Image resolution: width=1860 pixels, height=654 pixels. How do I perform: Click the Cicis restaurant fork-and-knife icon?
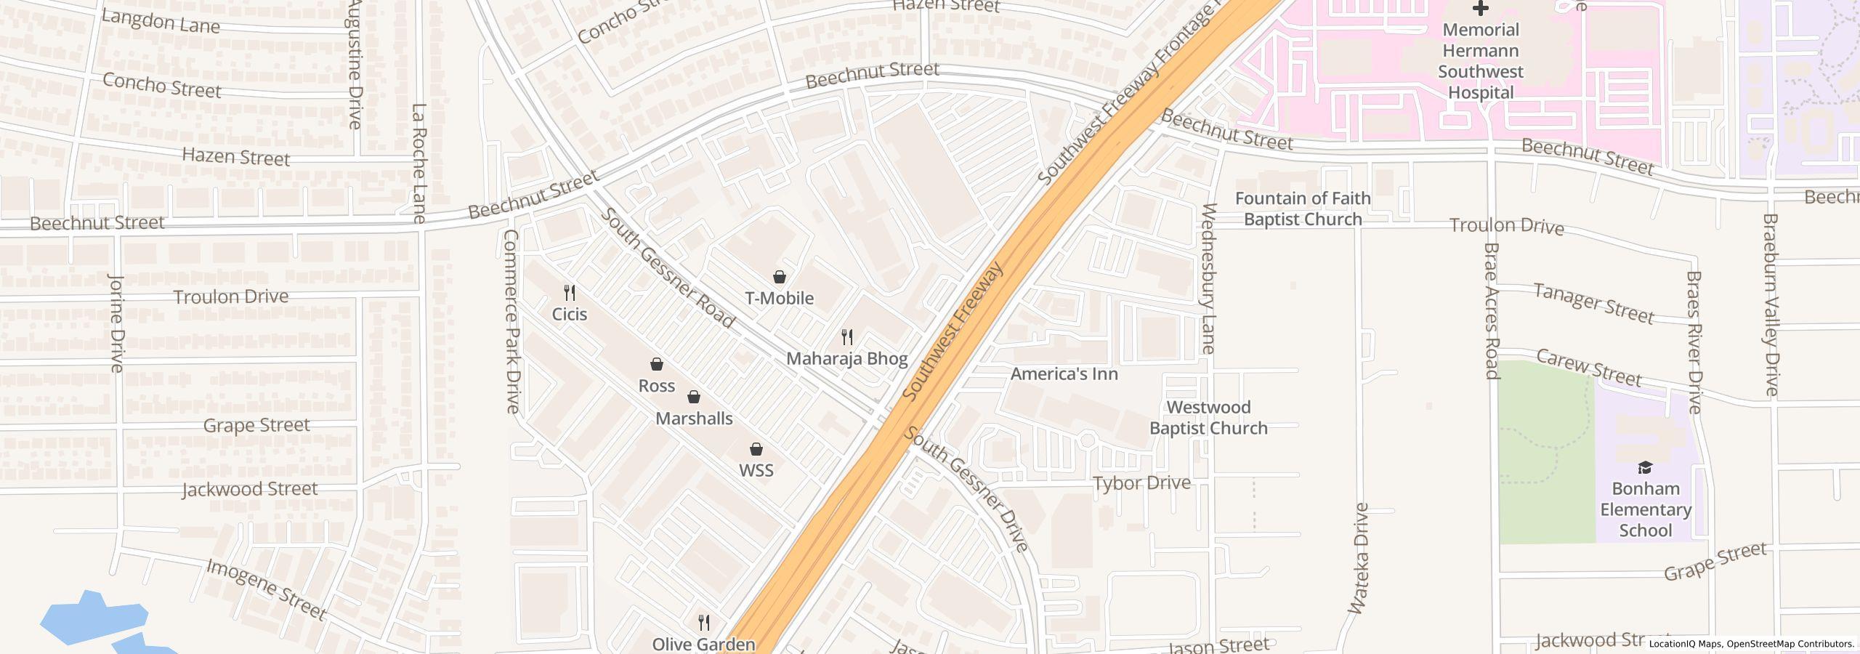(570, 293)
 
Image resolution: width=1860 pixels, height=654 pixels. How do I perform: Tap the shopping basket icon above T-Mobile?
(780, 277)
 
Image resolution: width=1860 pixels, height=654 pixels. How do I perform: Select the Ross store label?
(657, 386)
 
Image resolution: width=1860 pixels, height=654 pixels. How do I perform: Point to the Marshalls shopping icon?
(694, 397)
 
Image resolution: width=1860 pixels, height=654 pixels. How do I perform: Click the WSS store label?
(756, 470)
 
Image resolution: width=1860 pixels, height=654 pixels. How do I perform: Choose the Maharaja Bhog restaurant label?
(847, 358)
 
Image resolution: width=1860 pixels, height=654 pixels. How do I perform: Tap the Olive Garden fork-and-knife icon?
(703, 623)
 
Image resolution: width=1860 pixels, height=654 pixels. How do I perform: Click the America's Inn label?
(1064, 374)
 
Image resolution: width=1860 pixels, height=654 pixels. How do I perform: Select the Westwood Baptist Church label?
(1208, 418)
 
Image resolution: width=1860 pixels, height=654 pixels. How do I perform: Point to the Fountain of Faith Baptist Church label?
(1303, 209)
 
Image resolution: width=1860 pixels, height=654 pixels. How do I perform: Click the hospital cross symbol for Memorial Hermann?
(1480, 9)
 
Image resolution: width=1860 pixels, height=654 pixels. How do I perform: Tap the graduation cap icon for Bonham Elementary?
(1646, 467)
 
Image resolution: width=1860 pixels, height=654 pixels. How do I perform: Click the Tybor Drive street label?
(1141, 483)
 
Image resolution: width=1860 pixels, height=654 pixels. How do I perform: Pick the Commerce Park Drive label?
(511, 321)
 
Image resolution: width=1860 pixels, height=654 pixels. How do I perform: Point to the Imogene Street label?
(266, 589)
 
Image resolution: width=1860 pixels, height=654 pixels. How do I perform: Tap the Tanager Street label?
(1593, 303)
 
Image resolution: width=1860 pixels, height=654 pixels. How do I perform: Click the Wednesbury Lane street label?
(1209, 278)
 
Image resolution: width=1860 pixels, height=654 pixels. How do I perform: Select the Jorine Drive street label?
(116, 323)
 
